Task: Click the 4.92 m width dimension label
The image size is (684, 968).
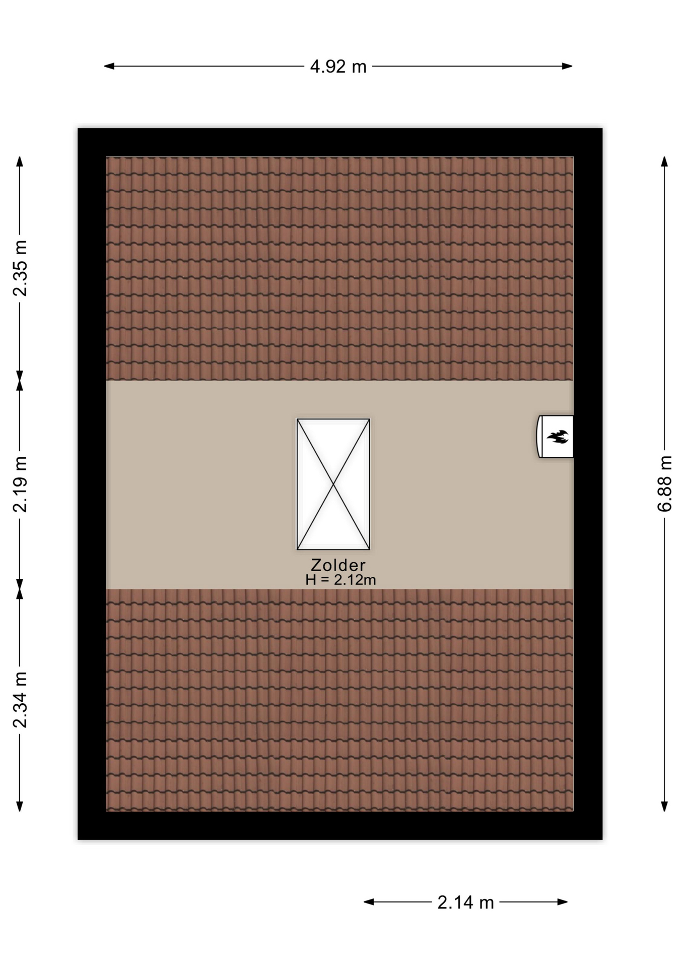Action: coord(338,67)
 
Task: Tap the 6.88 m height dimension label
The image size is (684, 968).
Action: coord(665,483)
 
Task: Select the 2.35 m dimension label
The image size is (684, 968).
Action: coord(20,268)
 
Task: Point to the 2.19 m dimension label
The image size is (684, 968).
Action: coord(20,485)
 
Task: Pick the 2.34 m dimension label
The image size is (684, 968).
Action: coord(20,700)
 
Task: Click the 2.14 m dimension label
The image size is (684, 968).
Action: coord(465,902)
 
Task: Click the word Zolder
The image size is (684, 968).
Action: coord(338,565)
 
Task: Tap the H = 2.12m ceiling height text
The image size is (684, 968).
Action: coord(340,580)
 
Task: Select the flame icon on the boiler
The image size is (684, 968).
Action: coord(558,437)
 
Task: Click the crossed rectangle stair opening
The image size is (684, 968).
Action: coord(333,484)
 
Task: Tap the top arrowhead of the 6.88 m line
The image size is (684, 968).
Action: coord(664,161)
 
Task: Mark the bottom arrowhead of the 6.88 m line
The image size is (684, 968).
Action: coord(664,806)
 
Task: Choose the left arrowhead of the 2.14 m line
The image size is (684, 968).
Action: coord(369,902)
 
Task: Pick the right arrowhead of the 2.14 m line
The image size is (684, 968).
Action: coord(563,902)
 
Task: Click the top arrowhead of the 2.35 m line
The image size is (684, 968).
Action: coord(20,161)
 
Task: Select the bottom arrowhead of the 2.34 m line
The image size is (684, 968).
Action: coord(20,806)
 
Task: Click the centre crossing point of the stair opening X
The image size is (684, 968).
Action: coord(333,485)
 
